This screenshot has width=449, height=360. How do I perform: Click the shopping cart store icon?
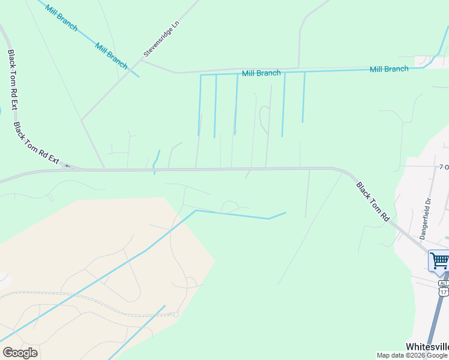tap(439, 261)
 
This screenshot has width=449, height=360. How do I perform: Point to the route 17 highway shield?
tap(443, 292)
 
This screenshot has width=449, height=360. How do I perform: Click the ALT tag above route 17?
tap(443, 283)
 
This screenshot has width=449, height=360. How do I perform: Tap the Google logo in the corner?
tap(20, 353)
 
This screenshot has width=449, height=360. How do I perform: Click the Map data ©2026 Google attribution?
tap(412, 355)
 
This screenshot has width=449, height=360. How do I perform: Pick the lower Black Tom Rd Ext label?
tap(36, 143)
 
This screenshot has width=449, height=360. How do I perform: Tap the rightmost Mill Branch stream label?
tap(389, 69)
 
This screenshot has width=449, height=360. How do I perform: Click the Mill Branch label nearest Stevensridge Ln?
tap(111, 56)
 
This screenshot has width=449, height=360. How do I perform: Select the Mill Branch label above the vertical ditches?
tap(261, 73)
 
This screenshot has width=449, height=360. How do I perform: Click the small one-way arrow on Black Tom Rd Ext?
tap(67, 166)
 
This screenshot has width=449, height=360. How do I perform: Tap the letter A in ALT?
tap(441, 283)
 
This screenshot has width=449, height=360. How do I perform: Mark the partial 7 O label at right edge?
tap(444, 166)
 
